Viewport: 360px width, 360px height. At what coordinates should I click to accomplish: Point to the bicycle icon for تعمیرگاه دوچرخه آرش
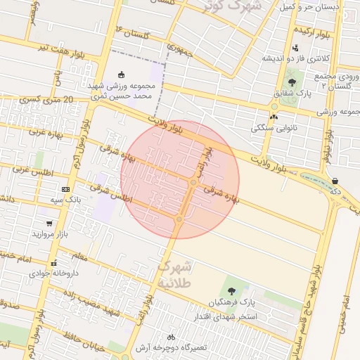click(172, 337)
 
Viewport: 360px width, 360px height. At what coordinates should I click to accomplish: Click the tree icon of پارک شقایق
click(291, 82)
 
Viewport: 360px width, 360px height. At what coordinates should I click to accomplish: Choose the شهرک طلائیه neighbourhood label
click(175, 274)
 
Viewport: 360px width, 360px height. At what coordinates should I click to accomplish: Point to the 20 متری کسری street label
click(46, 101)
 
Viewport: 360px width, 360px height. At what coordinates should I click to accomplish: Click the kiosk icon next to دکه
click(334, 181)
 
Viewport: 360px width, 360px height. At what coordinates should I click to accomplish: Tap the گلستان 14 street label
click(134, 32)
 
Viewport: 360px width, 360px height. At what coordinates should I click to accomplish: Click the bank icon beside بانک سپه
click(66, 189)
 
